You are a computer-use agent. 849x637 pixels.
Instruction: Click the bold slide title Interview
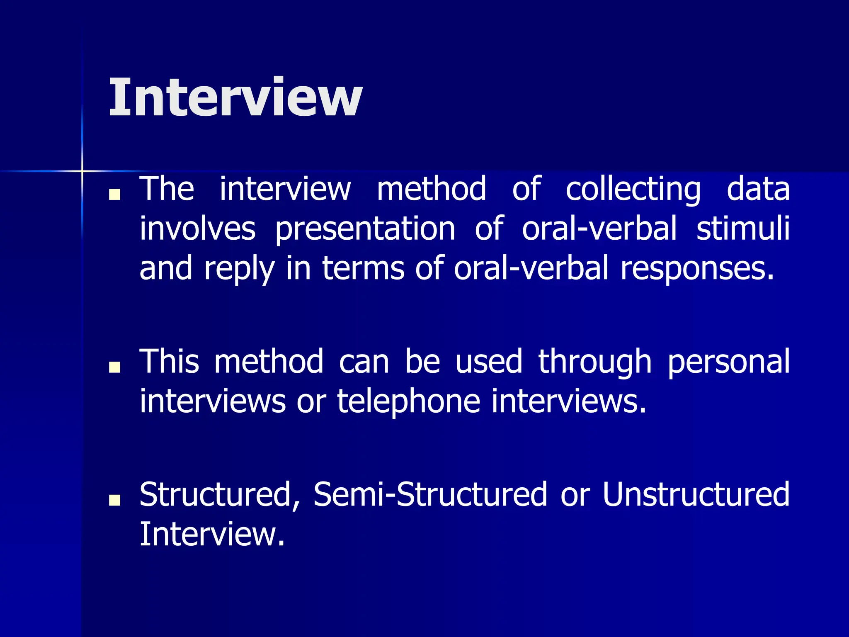click(235, 97)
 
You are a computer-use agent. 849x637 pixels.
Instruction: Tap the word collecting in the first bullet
click(633, 189)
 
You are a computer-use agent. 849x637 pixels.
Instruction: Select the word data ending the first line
click(758, 189)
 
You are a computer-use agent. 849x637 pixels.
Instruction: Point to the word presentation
click(365, 229)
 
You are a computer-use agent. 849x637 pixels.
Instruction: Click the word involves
click(197, 229)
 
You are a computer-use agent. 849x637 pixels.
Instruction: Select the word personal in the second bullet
click(728, 362)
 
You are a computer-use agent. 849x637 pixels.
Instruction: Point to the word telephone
click(408, 401)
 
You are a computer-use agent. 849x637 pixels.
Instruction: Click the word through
click(595, 362)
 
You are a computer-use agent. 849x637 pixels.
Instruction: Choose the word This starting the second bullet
click(169, 361)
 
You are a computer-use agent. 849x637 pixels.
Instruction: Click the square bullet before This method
click(114, 367)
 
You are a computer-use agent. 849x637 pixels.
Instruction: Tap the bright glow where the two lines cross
click(82, 170)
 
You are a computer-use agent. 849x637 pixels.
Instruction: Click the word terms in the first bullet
click(363, 269)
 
